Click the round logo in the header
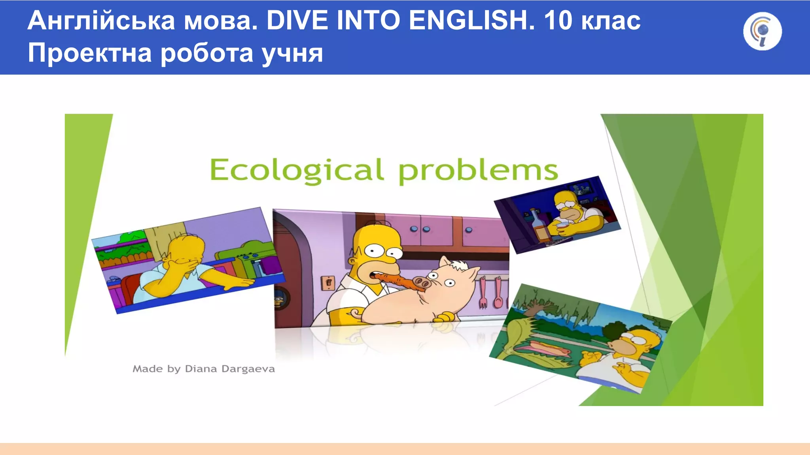[x=762, y=31]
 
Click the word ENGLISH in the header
[x=471, y=21]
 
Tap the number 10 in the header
[x=558, y=21]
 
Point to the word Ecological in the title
[x=297, y=170]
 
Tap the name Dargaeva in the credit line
[x=248, y=369]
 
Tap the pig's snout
[x=421, y=283]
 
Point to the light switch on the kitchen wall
[x=328, y=283]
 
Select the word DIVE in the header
[x=297, y=21]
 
